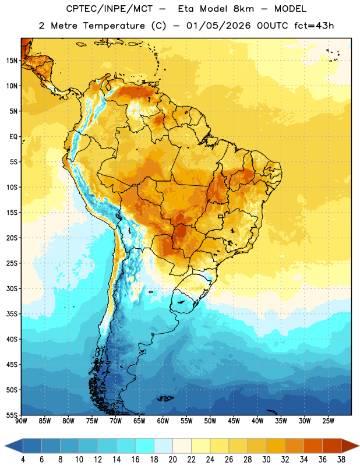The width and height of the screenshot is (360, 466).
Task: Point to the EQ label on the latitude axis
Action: tap(13, 137)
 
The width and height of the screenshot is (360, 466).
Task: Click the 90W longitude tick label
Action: tap(21, 421)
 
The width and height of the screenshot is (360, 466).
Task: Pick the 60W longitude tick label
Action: tap(163, 421)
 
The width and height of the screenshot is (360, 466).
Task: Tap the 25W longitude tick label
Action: tap(328, 421)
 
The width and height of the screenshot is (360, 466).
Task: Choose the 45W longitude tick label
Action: tap(234, 421)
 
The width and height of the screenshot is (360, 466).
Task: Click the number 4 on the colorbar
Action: tap(23, 460)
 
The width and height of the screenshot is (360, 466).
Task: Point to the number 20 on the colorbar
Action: tap(172, 460)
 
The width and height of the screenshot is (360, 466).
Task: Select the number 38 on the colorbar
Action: tap(341, 460)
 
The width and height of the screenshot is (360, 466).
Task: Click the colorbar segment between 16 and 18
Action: tap(145, 446)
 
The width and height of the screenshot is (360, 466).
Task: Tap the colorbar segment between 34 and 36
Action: tap(313, 446)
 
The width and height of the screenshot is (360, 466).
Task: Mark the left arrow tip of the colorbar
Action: tap(5, 446)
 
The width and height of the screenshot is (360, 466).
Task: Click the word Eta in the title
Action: tap(186, 9)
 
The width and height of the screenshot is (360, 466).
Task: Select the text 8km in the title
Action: tap(243, 9)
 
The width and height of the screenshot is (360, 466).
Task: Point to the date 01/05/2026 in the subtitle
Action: tap(218, 26)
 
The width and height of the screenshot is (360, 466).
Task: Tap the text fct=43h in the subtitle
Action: tap(314, 26)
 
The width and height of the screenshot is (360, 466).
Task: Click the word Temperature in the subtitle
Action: tap(114, 26)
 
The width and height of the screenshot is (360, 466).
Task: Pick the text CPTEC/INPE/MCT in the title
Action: tap(109, 9)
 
